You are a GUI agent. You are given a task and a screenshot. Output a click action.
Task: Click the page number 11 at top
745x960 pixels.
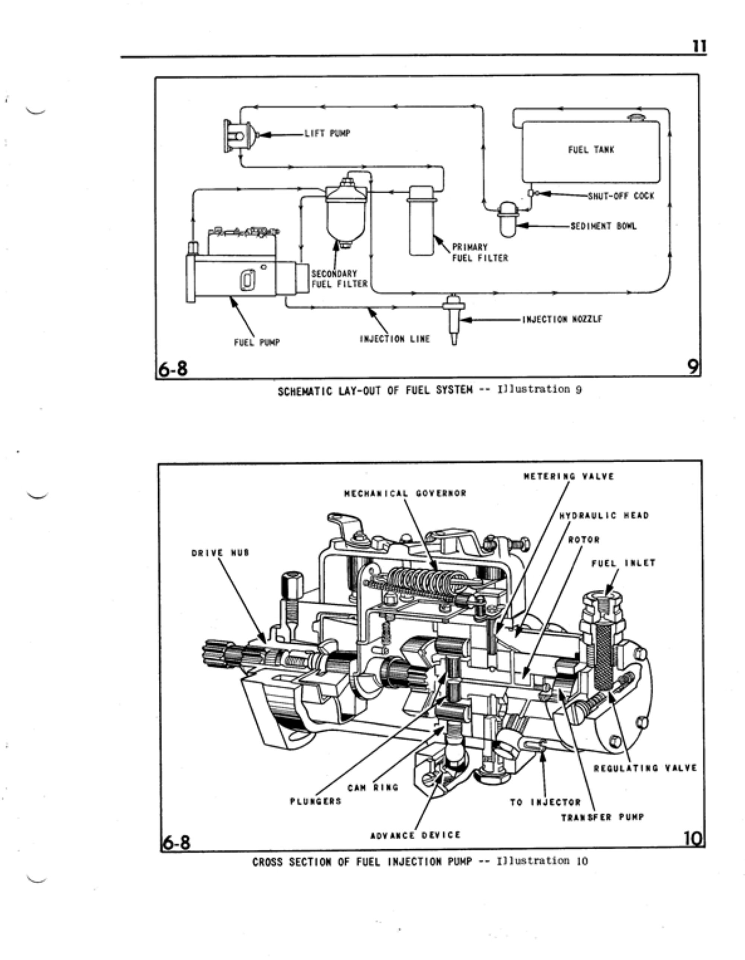tap(699, 46)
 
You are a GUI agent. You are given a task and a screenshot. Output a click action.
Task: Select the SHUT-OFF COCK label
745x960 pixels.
tap(621, 196)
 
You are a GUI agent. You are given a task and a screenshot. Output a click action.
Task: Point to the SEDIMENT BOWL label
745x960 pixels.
tap(603, 226)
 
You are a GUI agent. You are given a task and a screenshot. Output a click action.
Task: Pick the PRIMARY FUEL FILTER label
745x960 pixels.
tap(479, 253)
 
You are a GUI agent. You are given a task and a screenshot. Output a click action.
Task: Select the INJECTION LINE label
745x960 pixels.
tap(395, 339)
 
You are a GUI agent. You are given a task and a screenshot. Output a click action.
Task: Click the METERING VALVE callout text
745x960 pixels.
tap(569, 476)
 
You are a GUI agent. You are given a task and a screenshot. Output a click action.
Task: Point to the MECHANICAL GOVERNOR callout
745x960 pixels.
tap(405, 493)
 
